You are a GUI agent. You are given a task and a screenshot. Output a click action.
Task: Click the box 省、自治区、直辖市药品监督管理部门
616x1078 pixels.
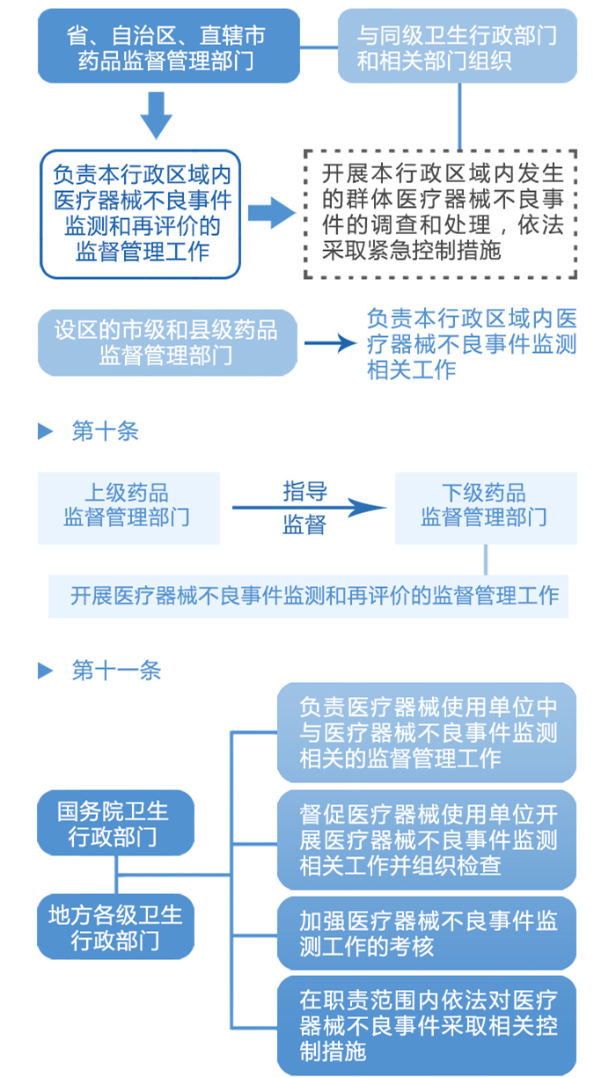coord(168,48)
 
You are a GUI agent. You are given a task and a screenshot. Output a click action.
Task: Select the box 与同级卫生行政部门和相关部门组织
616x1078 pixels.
coord(458,48)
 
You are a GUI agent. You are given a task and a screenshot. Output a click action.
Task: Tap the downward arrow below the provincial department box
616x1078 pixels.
coord(157,114)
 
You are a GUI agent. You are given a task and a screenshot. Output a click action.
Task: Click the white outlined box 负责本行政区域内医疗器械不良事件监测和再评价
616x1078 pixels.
coord(141,214)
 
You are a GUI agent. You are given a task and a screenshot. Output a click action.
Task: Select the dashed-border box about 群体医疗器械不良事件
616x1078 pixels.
coord(440,213)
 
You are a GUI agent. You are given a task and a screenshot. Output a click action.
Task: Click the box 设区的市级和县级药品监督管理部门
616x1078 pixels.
coord(167,342)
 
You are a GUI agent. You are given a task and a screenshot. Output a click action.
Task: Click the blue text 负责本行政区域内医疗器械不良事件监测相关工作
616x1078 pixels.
coord(472,343)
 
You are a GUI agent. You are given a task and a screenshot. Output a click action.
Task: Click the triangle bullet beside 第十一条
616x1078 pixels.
coord(46,671)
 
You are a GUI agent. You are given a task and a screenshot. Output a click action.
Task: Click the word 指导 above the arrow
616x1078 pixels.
coord(304,491)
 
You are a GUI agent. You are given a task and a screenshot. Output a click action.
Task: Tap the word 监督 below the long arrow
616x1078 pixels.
coord(304,525)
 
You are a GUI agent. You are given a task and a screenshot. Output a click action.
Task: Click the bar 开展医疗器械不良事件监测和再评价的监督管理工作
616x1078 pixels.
coord(308,596)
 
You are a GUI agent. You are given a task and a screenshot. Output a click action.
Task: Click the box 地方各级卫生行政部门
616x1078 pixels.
coord(114,927)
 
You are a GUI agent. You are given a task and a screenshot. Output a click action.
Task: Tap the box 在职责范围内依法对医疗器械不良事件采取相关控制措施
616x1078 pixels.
coord(427,1025)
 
